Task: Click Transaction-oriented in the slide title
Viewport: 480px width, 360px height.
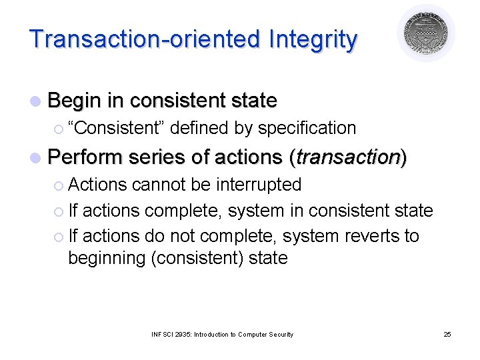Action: click(146, 40)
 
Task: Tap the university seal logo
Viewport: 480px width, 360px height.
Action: click(426, 33)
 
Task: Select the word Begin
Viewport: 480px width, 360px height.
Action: click(75, 101)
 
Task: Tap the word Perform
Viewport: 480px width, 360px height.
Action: click(86, 157)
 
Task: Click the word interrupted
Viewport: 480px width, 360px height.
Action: click(259, 184)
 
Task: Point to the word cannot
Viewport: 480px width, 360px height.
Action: click(152, 184)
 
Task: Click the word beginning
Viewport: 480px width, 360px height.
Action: click(107, 258)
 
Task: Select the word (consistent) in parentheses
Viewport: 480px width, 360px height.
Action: click(199, 258)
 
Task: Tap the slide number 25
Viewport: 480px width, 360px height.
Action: click(447, 334)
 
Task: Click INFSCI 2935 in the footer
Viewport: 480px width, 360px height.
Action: click(171, 334)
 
